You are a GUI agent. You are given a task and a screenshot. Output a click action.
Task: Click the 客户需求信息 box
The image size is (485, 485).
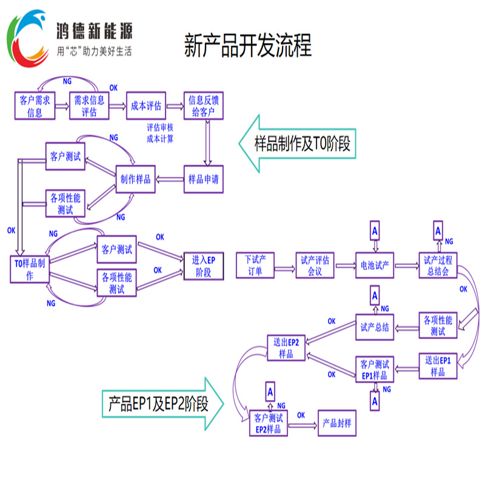(35, 106)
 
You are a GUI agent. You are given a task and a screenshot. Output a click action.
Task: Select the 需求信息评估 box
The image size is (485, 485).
(90, 106)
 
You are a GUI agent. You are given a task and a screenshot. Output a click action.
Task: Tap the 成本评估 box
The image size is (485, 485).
(145, 106)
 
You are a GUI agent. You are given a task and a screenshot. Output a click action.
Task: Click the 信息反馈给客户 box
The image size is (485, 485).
(203, 106)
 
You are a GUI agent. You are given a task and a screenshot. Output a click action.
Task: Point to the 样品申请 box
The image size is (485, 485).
(203, 179)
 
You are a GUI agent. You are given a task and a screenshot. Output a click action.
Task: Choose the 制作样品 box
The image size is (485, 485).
(136, 179)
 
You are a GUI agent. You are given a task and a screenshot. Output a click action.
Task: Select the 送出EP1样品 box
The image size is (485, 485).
(438, 366)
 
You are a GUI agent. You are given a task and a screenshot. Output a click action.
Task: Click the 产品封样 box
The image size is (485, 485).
(336, 423)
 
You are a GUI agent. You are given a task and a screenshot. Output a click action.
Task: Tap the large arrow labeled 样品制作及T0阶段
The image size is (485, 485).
(297, 144)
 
